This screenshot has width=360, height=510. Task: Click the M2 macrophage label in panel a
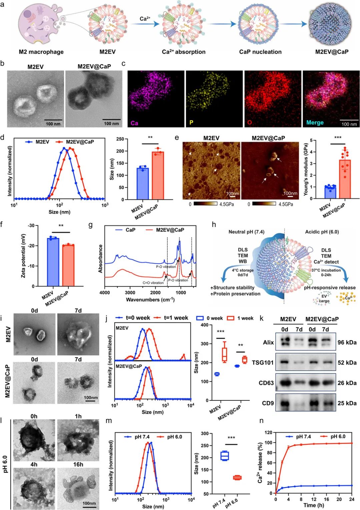click(41, 52)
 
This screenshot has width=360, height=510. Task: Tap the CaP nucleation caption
click(260, 52)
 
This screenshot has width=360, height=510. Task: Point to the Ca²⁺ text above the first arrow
click(145, 19)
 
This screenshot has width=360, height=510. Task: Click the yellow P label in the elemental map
click(191, 123)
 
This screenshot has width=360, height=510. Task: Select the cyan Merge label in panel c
click(315, 123)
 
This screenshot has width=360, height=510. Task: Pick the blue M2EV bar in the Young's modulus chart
click(330, 192)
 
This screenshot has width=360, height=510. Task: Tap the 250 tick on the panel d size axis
click(120, 139)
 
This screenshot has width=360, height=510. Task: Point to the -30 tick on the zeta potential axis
click(31, 226)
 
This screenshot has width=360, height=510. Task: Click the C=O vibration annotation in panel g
click(153, 283)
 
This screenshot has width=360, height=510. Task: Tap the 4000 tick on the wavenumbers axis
click(105, 293)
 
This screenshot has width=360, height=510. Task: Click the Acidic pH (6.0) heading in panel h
click(322, 232)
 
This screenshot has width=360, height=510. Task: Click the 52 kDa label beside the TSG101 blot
click(347, 363)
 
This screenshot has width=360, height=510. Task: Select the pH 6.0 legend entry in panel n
click(338, 436)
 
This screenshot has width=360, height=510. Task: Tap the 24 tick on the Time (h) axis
click(351, 499)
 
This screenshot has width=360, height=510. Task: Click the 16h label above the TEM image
click(78, 464)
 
